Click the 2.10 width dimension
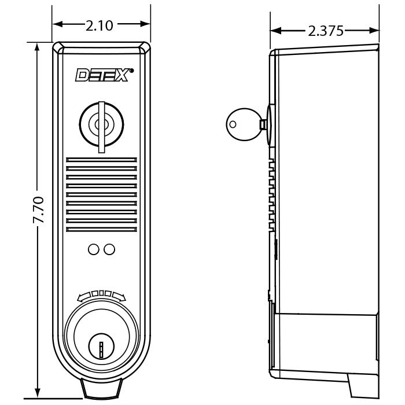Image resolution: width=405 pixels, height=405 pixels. (100, 24)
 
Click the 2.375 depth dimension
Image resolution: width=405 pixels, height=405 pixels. (326, 31)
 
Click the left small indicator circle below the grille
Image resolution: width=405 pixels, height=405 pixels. (93, 249)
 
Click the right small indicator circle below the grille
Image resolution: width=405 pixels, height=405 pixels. (109, 249)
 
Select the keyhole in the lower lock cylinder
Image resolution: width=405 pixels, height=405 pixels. (101, 347)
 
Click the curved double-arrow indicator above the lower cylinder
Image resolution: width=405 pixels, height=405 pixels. (101, 294)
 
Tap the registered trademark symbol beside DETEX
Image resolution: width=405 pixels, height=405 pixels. (131, 71)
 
